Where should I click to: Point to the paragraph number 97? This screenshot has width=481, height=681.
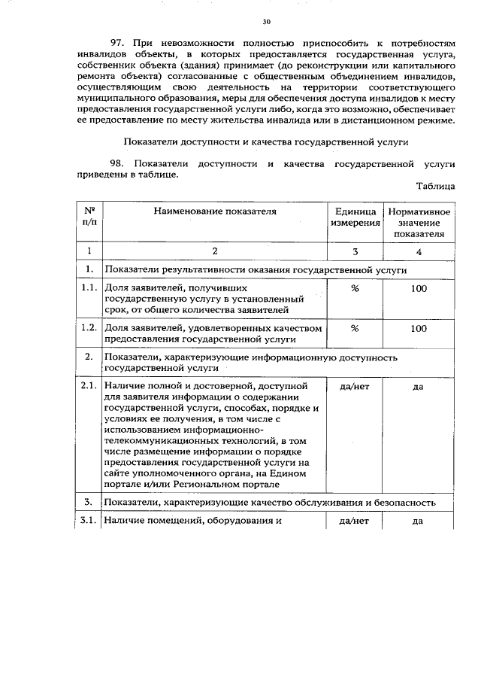tap(117, 44)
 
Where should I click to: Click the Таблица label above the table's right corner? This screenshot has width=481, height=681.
tap(435, 185)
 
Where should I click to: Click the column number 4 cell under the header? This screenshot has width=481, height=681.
tap(419, 251)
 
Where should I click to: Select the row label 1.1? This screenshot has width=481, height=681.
tap(89, 288)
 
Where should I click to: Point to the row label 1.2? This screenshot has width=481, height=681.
tap(89, 328)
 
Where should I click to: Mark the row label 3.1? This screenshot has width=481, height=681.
tap(89, 521)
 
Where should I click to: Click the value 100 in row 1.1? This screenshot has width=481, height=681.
tap(419, 288)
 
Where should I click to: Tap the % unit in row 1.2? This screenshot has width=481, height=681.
tap(355, 328)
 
